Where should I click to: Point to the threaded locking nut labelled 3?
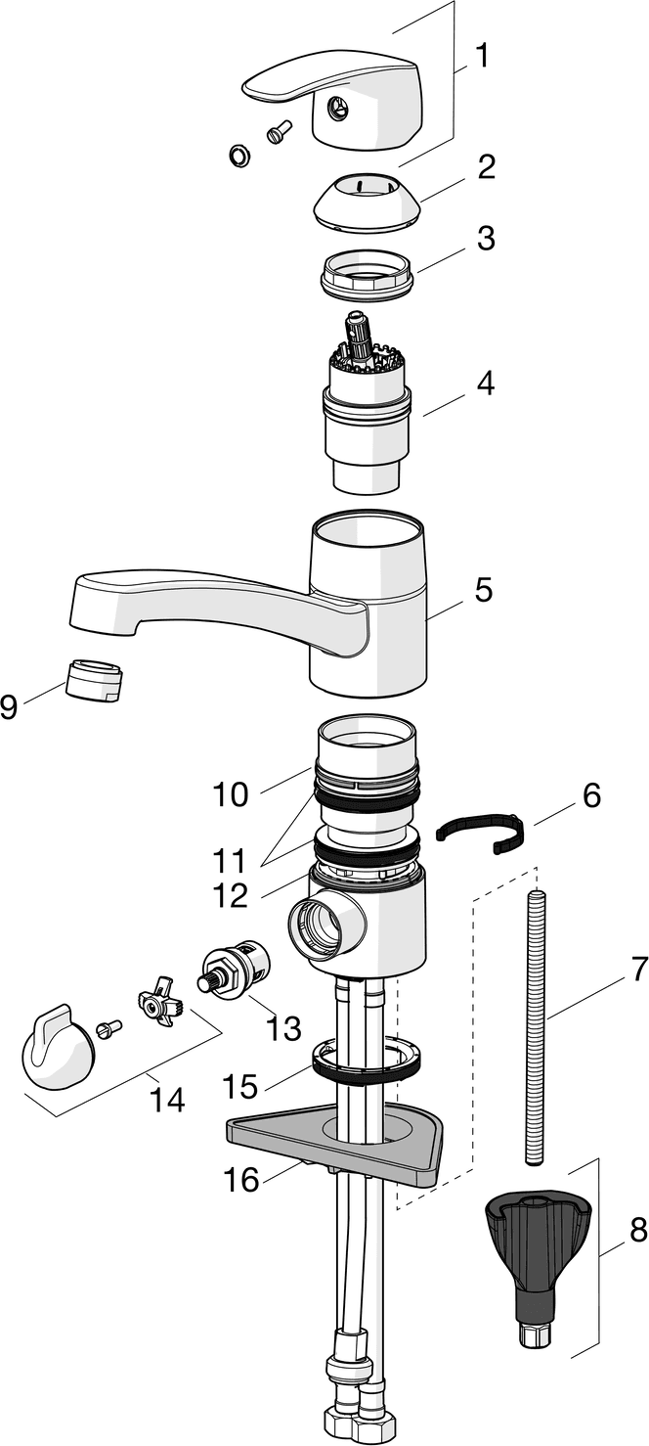coord(367,273)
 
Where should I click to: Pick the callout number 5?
coord(483,590)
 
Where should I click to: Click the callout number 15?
coord(239,1085)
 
